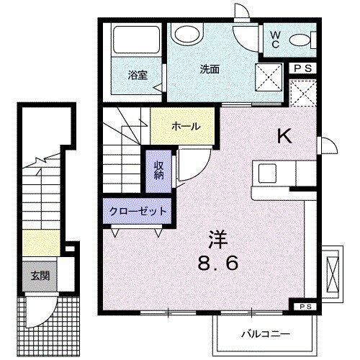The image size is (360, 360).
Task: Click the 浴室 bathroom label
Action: coord(138,74)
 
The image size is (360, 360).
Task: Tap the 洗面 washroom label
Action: coord(210,69)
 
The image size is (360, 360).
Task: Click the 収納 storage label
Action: coord(159,171)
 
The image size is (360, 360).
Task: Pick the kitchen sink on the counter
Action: coord(267,174)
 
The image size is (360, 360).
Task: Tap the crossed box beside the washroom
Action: coord(269,76)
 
